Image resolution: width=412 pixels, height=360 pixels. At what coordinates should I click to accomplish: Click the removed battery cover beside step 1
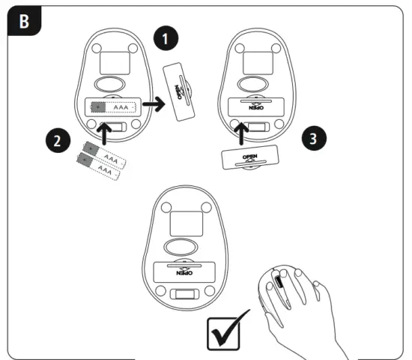pos(178,93)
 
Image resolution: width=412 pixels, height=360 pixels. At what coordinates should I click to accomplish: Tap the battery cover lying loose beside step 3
pos(249,159)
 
